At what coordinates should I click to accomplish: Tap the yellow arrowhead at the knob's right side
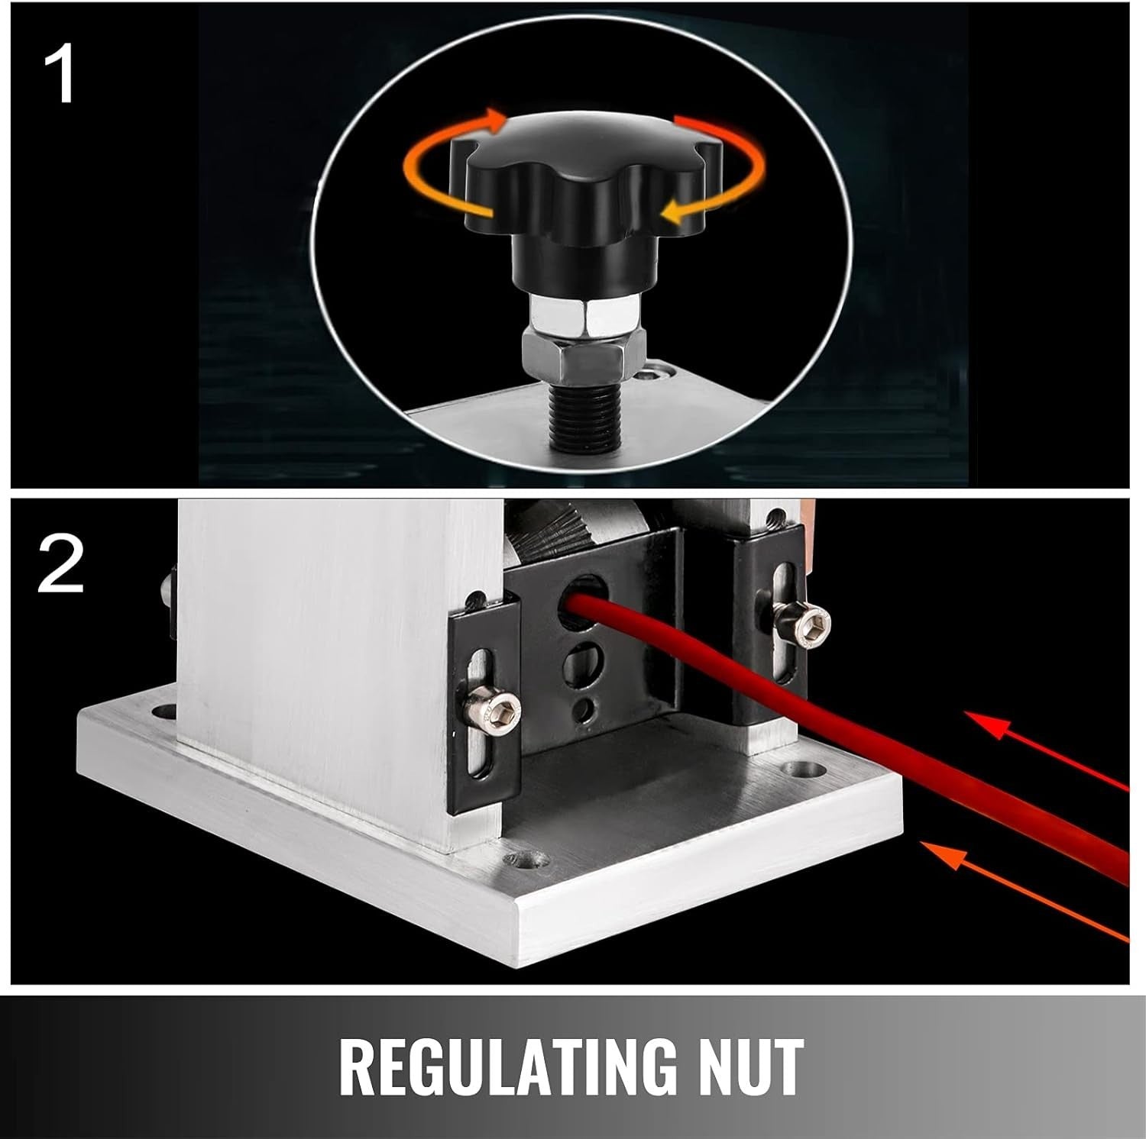[672, 211]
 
